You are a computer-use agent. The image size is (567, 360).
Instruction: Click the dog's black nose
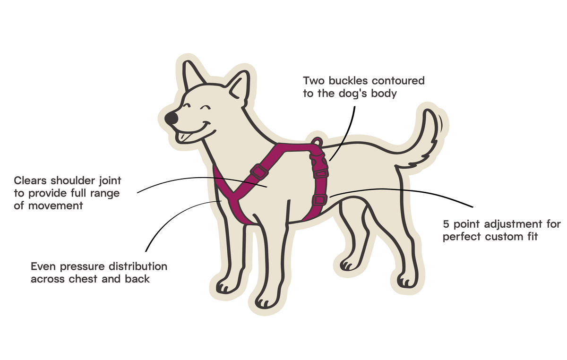pyautogui.click(x=172, y=118)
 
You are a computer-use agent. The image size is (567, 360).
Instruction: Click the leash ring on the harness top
pyautogui.click(x=318, y=142)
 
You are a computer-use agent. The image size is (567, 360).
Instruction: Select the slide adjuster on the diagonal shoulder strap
pyautogui.click(x=259, y=171)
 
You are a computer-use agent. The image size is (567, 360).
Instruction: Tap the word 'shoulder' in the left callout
pyautogui.click(x=73, y=181)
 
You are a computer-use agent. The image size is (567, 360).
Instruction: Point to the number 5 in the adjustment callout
pyautogui.click(x=446, y=224)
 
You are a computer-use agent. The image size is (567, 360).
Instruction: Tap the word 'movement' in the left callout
pyautogui.click(x=55, y=206)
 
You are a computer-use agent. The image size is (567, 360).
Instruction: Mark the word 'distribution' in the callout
pyautogui.click(x=138, y=266)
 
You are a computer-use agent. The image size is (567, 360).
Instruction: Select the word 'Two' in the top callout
pyautogui.click(x=314, y=81)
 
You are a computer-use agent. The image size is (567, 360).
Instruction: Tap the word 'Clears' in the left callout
pyautogui.click(x=30, y=181)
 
